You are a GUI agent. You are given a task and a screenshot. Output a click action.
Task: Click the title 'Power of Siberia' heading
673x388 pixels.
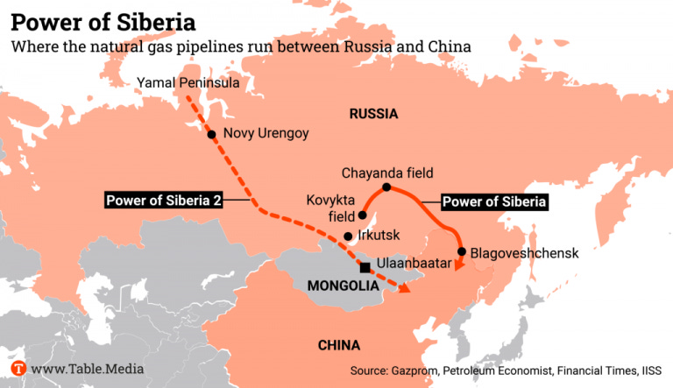(103, 18)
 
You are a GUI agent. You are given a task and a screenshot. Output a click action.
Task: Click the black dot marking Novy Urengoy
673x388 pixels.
(211, 134)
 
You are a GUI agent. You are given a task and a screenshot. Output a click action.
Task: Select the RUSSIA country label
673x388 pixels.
(373, 114)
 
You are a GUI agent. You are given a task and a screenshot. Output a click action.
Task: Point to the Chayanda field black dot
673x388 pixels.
(386, 187)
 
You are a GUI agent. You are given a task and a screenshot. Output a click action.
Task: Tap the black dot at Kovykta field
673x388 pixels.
(362, 215)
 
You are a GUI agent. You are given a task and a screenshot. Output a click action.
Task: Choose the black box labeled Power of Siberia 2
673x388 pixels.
(163, 201)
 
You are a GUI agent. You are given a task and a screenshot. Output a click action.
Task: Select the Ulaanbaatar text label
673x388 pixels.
(414, 263)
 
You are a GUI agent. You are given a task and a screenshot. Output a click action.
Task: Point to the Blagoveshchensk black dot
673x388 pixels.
(462, 252)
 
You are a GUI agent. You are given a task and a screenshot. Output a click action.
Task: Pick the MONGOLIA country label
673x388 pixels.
(343, 286)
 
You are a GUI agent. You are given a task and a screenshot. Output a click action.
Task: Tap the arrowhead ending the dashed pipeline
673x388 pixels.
(404, 289)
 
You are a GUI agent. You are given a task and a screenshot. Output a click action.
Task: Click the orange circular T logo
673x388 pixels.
(18, 369)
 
